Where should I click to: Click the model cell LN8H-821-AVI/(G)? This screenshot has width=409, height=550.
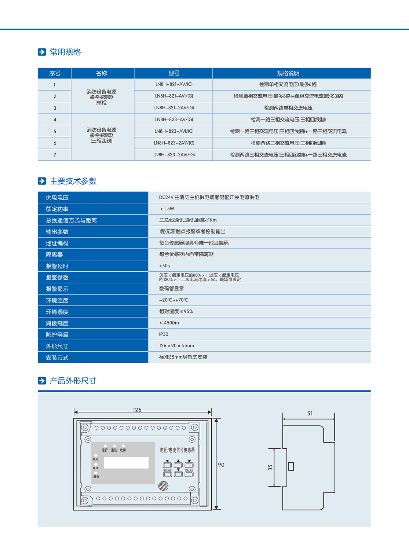pyautogui.click(x=174, y=96)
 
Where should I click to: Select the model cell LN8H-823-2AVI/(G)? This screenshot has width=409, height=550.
pyautogui.click(x=174, y=155)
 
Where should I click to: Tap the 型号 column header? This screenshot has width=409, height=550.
pyautogui.click(x=174, y=73)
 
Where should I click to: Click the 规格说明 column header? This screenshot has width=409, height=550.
pyautogui.click(x=288, y=73)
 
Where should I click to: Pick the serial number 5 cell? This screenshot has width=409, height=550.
pyautogui.click(x=55, y=131)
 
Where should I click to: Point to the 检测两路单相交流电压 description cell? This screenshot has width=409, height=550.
pyautogui.click(x=288, y=108)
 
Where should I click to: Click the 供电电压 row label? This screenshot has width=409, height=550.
pyautogui.click(x=57, y=198)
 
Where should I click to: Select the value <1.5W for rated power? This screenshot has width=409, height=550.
pyautogui.click(x=167, y=209)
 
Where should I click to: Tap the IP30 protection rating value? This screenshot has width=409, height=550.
pyautogui.click(x=164, y=334)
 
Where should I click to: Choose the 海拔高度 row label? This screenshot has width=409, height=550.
pyautogui.click(x=57, y=323)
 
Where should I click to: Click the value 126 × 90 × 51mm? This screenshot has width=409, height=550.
pyautogui.click(x=176, y=346)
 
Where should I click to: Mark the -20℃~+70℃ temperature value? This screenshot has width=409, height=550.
pyautogui.click(x=174, y=300)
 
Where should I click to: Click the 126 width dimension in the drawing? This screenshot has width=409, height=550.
pyautogui.click(x=137, y=410)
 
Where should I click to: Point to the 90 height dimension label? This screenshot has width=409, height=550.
pyautogui.click(x=221, y=465)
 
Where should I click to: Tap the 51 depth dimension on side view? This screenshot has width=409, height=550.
pyautogui.click(x=310, y=414)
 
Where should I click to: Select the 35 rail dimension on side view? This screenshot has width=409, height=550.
pyautogui.click(x=270, y=467)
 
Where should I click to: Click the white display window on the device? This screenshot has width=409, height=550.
pyautogui.click(x=126, y=463)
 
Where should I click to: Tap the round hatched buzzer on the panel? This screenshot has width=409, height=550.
pyautogui.click(x=163, y=486)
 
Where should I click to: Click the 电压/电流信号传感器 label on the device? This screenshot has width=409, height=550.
pyautogui.click(x=177, y=450)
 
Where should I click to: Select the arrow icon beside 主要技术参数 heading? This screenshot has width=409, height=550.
pyautogui.click(x=42, y=181)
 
